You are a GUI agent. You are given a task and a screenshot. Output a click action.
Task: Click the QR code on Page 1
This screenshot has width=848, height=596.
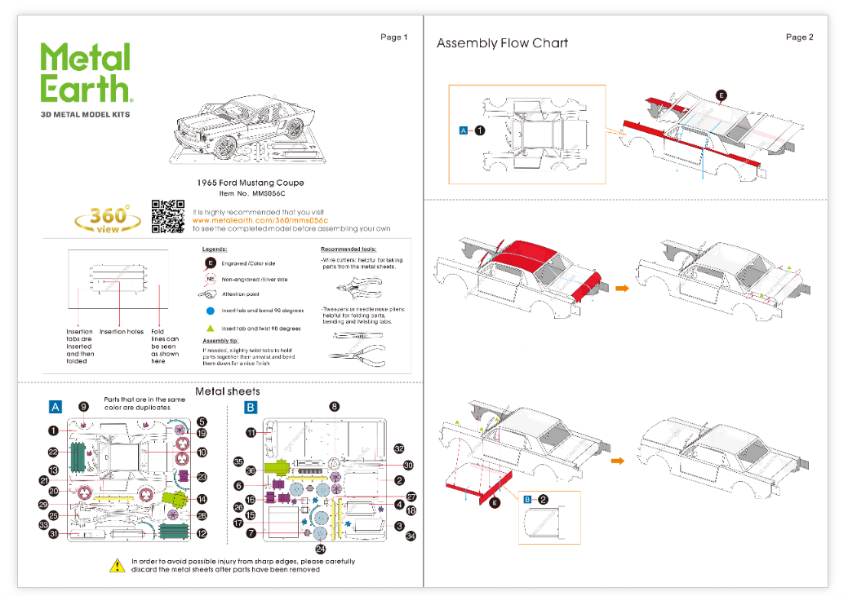pyautogui.click(x=168, y=217)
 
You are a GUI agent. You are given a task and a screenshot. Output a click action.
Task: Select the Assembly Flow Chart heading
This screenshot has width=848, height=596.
pyautogui.click(x=502, y=43)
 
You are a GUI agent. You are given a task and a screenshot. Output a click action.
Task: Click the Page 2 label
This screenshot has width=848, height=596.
pyautogui.click(x=799, y=38)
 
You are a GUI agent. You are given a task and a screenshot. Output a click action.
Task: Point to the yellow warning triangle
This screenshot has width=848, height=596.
pyautogui.click(x=118, y=564)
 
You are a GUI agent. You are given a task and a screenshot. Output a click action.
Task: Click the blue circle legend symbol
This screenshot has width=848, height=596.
pyautogui.click(x=211, y=311)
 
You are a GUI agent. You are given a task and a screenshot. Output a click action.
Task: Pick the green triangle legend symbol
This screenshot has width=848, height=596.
pyautogui.click(x=211, y=328)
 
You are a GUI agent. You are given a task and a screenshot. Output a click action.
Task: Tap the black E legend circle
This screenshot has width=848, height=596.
pyautogui.click(x=211, y=263)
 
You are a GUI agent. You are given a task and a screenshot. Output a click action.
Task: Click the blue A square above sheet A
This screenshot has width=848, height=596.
pyautogui.click(x=55, y=406)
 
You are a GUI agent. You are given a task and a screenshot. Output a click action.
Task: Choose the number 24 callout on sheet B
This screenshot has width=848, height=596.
pyautogui.click(x=320, y=548)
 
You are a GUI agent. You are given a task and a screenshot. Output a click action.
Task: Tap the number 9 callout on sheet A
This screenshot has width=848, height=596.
pyautogui.click(x=83, y=406)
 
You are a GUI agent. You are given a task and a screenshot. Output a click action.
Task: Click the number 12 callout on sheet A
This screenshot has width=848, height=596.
pyautogui.click(x=202, y=534)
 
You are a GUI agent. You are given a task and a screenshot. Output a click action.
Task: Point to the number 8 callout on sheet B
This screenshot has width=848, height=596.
pyautogui.click(x=334, y=406)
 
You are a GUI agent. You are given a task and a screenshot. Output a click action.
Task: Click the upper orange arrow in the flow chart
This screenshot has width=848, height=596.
pyautogui.click(x=622, y=288)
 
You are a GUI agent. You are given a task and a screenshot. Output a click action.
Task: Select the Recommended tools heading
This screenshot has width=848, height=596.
pyautogui.click(x=349, y=249)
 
